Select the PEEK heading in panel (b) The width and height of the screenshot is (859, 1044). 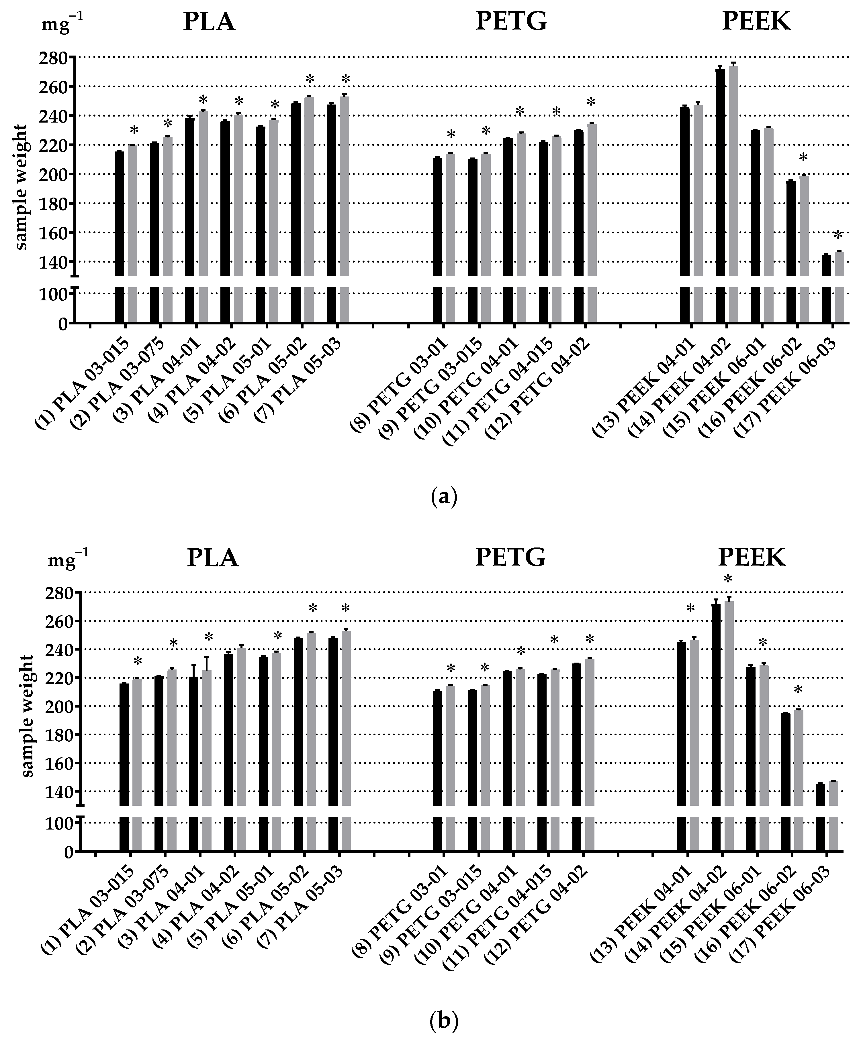[x=751, y=558]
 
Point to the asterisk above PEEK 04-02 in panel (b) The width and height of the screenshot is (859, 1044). [x=727, y=579]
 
